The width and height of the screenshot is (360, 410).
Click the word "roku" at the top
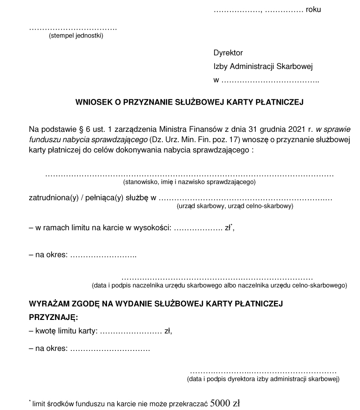313,9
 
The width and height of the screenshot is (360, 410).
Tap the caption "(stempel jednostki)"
76,36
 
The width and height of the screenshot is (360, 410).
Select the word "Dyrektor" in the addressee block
228,53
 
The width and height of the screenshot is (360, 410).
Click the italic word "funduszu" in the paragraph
43,140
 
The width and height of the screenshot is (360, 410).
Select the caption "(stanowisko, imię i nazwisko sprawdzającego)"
189,181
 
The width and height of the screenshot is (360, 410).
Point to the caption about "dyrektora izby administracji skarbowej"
263,379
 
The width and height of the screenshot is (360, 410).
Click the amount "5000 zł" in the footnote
225,402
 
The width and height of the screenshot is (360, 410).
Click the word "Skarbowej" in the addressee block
296,67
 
